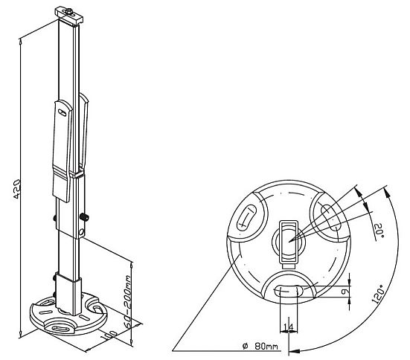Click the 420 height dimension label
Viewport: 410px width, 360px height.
(x=16, y=189)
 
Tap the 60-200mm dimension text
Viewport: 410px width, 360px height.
(x=127, y=301)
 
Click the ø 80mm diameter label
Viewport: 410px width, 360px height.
(x=260, y=347)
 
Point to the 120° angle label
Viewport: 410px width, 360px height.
(x=378, y=294)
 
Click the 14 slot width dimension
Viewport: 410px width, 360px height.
(x=289, y=327)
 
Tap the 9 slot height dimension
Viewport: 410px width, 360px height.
(x=345, y=291)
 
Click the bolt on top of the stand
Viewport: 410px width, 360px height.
(x=69, y=10)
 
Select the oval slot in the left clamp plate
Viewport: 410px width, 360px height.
(x=63, y=112)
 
